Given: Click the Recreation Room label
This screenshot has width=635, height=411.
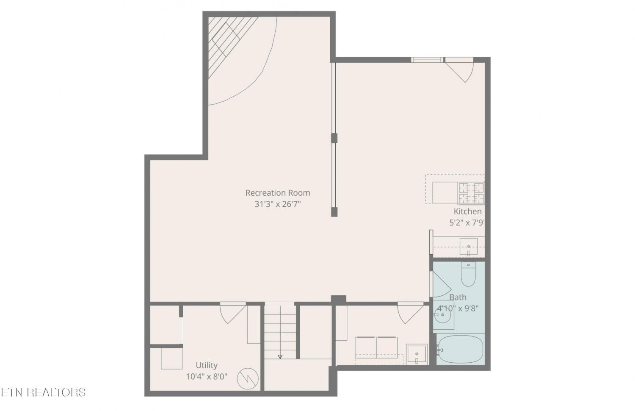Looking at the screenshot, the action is pos(278,193).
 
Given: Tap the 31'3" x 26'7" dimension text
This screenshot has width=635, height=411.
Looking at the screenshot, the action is pos(278,204).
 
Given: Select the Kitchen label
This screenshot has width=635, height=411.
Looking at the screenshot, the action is pos(467,211).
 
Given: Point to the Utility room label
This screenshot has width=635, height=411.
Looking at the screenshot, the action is pos(207,365).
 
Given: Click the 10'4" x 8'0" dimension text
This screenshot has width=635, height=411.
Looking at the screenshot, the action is pos(207,377).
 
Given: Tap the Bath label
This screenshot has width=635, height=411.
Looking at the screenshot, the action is pos(458,297).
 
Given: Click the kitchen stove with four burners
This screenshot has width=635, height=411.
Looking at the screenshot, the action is pos(471,193).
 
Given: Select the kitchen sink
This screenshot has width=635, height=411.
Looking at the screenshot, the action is pos(469,247).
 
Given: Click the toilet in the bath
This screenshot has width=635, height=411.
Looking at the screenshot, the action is pos(468,274).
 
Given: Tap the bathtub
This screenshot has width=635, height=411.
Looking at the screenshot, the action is pos(460,350).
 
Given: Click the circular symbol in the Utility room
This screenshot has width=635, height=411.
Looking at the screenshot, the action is pos(248,379).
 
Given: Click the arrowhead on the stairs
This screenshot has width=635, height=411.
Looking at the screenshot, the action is pos(280,356).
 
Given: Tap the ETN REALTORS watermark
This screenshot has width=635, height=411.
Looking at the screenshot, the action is pos(43,392).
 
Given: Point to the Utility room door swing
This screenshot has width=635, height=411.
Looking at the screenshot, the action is pos(233,313).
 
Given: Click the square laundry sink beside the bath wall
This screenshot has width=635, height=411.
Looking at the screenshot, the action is pos(417,354).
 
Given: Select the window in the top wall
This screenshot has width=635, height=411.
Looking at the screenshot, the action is pos(427,60).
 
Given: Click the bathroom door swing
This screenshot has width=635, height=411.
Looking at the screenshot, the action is pos(440,284).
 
